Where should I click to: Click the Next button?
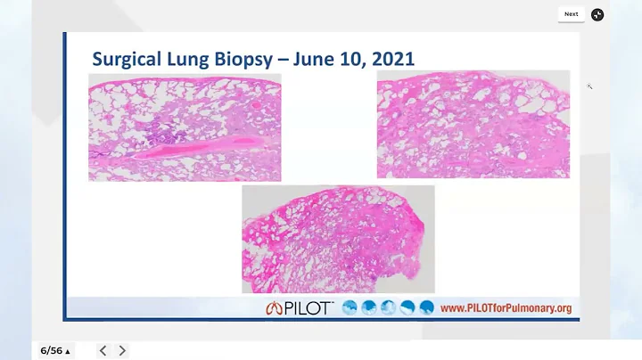(x=571, y=14)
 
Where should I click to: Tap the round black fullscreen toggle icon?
(x=597, y=14)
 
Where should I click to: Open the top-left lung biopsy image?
(x=185, y=127)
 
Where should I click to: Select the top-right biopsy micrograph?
(x=473, y=124)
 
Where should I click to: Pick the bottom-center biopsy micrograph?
(x=338, y=239)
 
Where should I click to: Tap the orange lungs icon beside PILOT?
(x=273, y=308)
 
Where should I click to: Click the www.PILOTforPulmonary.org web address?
(x=506, y=308)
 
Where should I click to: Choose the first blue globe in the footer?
(x=350, y=308)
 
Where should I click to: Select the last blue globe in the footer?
(x=426, y=308)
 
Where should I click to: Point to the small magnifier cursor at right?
(x=589, y=86)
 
